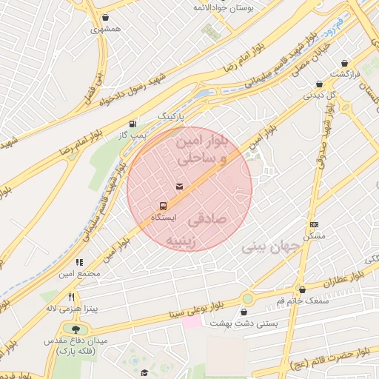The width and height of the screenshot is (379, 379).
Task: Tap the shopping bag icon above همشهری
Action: [107, 17]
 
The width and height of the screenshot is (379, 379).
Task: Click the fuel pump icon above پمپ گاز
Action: [133, 124]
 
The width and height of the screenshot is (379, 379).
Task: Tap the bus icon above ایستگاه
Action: [163, 206]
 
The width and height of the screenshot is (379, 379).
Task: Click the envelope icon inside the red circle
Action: [178, 185]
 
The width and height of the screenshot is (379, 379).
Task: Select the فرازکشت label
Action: [344, 75]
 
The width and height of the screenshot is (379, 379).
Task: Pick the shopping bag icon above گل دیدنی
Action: [319, 84]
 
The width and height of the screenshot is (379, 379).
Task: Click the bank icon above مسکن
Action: [315, 224]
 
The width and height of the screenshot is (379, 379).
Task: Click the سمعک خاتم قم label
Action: [302, 300]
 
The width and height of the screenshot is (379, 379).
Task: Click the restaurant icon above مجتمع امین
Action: [79, 262]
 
